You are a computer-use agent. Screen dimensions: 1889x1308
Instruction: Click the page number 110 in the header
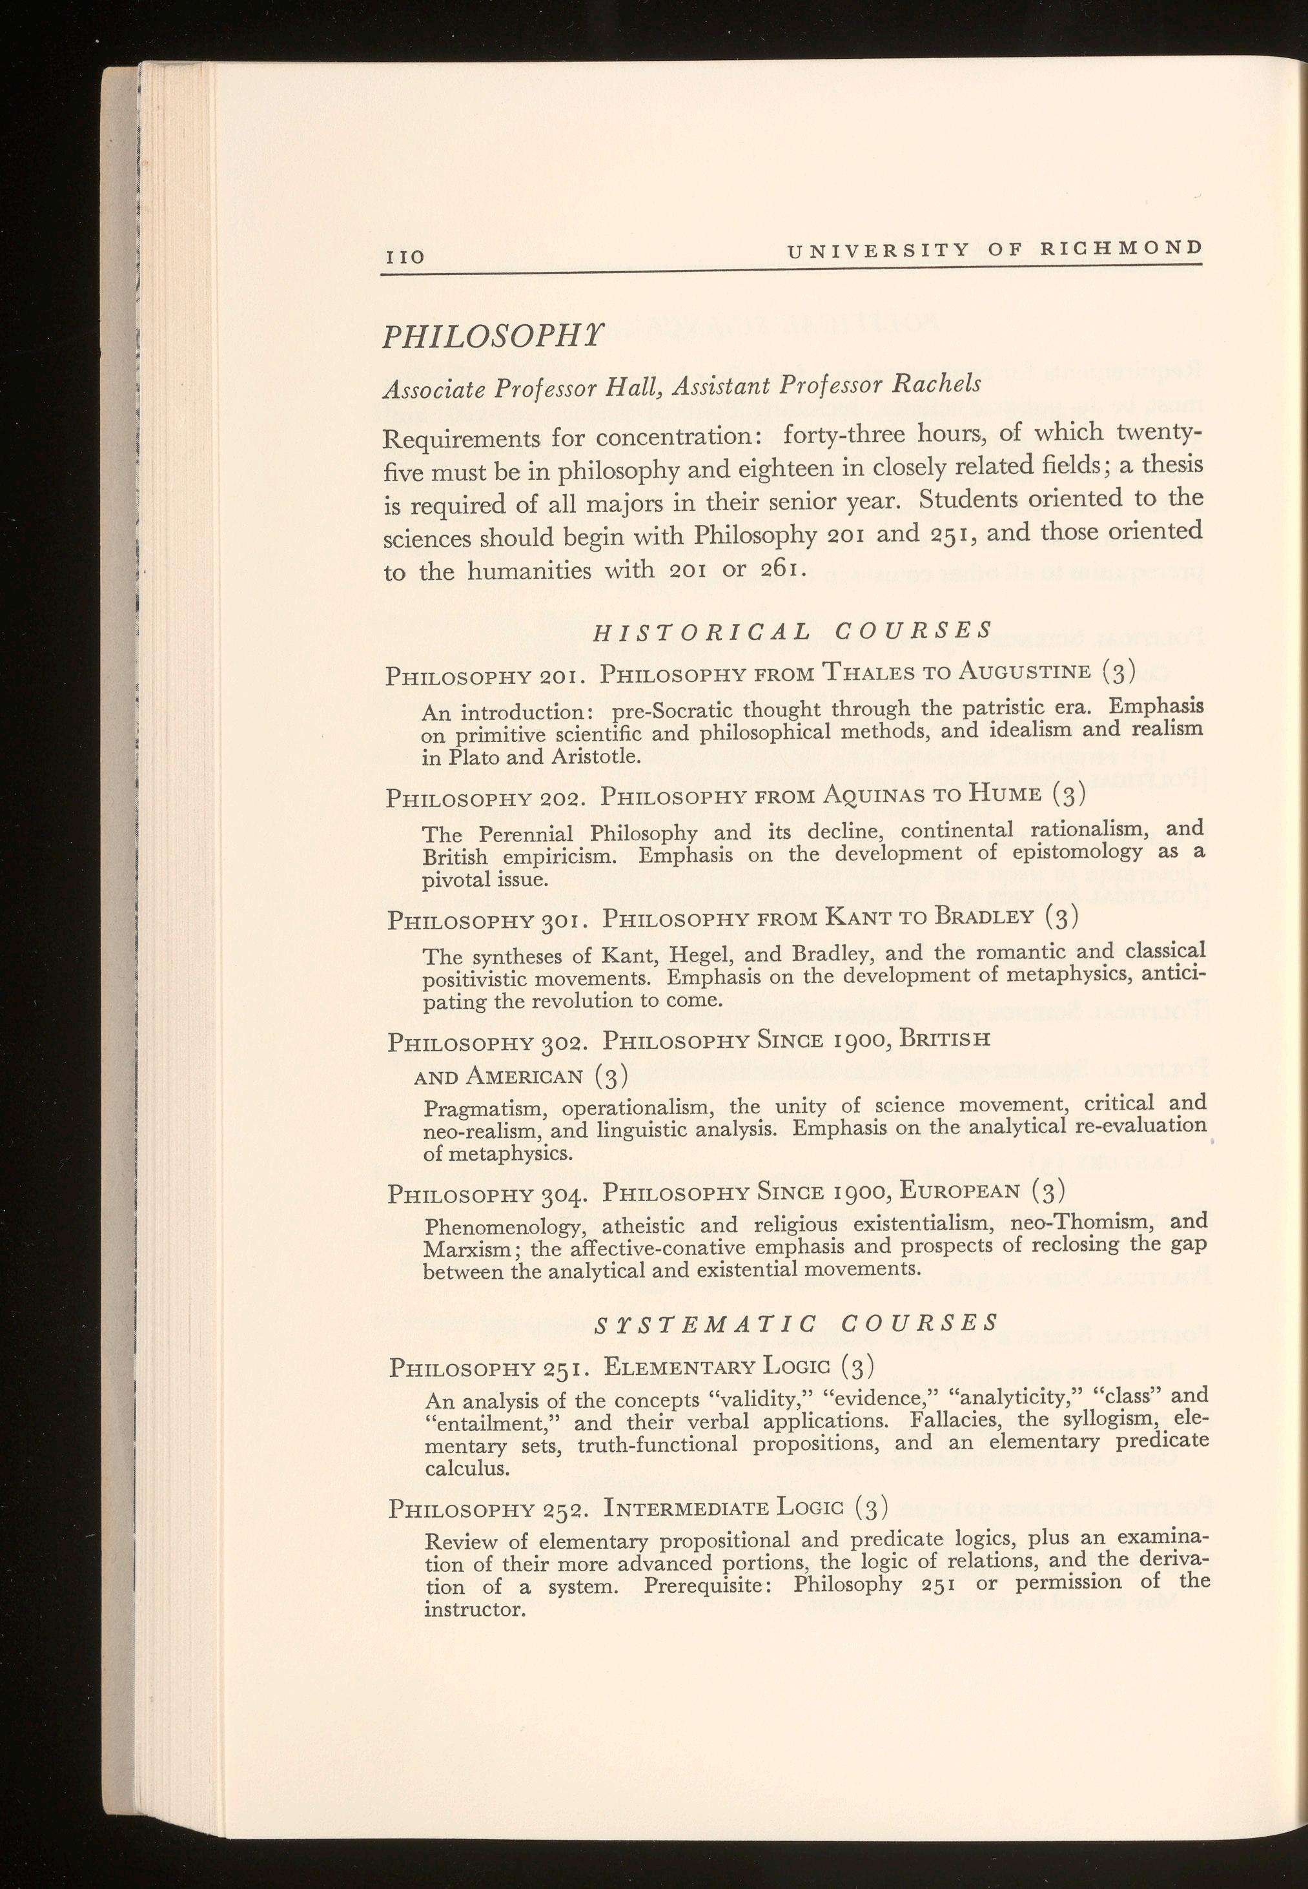pos(405,256)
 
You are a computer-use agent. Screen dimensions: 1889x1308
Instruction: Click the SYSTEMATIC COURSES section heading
pos(795,1323)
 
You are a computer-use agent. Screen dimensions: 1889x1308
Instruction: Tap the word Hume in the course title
pos(1006,794)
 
